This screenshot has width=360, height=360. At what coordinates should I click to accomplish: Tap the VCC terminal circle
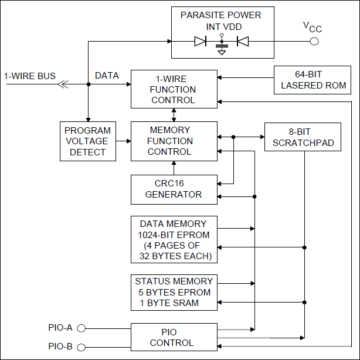point(314,41)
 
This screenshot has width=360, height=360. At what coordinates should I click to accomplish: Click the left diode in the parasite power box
point(200,41)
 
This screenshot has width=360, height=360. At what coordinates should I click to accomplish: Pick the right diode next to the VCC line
point(242,41)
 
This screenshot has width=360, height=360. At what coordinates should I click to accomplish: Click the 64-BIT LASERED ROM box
point(313,80)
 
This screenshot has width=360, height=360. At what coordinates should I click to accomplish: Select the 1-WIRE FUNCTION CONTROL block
point(173,89)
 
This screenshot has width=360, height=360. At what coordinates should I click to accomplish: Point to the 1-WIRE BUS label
point(30,76)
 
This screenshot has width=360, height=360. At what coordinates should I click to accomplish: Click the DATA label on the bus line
point(107,76)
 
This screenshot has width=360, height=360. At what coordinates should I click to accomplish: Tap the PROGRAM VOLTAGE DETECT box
point(87,141)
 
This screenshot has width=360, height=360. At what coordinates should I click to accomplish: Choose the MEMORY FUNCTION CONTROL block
point(173,141)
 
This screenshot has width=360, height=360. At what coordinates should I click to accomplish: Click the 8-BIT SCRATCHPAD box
point(302,137)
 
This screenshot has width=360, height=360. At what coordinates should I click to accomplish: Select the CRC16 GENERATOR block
point(173,189)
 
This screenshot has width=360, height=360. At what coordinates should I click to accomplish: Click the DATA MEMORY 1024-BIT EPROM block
point(173,240)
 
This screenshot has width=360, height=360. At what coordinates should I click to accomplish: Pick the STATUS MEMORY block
point(173,292)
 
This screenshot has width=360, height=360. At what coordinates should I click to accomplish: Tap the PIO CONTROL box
point(173,337)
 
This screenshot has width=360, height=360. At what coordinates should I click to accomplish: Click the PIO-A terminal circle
point(82,328)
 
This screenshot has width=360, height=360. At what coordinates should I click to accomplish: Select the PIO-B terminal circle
point(82,347)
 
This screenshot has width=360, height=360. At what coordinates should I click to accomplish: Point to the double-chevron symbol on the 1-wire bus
point(63,84)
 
